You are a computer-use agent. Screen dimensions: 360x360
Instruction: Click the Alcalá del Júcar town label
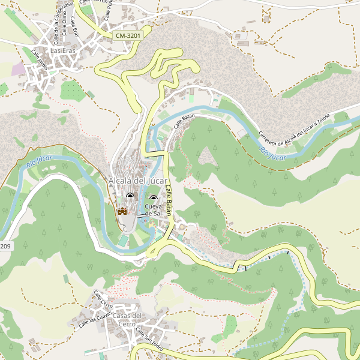(138, 181)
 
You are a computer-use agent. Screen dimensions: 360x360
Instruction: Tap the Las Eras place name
(64, 51)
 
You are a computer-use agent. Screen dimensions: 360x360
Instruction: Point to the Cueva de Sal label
(154, 210)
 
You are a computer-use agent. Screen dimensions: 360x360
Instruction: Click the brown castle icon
(122, 211)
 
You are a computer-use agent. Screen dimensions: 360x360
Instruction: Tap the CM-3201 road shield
(128, 36)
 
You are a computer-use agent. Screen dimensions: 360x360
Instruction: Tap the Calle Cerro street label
(103, 298)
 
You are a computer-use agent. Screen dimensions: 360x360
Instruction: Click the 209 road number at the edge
(5, 247)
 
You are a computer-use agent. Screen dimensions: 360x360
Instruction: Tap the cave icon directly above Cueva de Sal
(153, 199)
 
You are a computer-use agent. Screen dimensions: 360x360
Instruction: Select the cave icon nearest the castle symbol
(130, 196)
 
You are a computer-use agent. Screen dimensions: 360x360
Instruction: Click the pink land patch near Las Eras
(19, 69)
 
